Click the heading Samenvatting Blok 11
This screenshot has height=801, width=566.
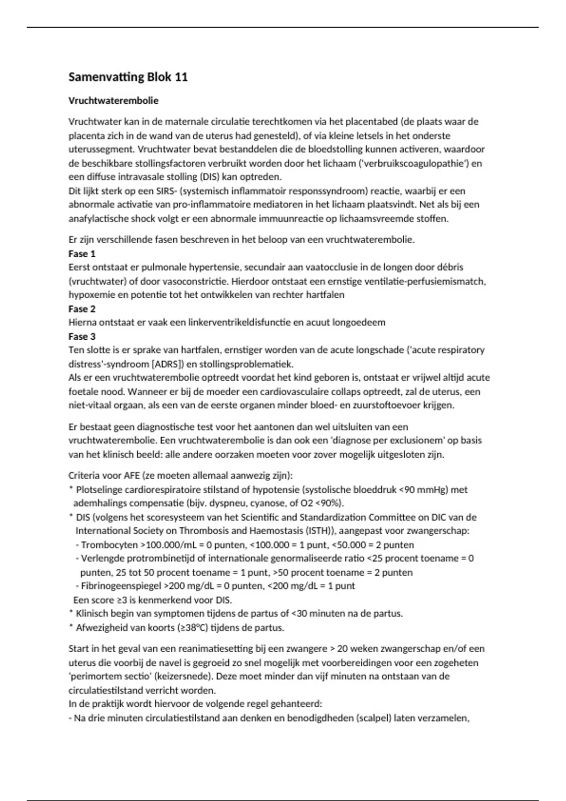pos(128,77)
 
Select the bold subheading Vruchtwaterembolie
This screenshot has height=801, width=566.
pos(113,100)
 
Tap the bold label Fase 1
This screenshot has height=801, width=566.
pos(82,253)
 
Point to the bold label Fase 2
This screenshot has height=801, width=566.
pos(82,309)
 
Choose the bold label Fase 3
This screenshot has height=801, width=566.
pos(82,336)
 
